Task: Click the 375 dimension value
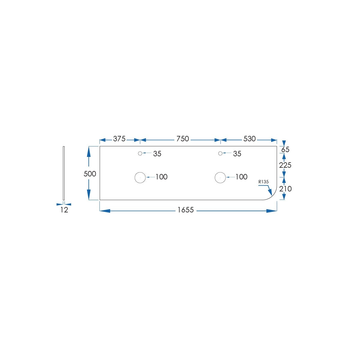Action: pyautogui.click(x=119, y=139)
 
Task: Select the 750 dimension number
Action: pyautogui.click(x=182, y=139)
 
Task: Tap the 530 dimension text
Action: pyautogui.click(x=249, y=139)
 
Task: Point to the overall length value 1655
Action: pyautogui.click(x=185, y=210)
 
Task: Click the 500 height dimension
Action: pyautogui.click(x=90, y=174)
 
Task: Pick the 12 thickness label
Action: pyautogui.click(x=64, y=210)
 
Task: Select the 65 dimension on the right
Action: pyautogui.click(x=285, y=149)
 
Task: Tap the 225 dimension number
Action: pyautogui.click(x=285, y=165)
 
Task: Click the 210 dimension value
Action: pyautogui.click(x=286, y=189)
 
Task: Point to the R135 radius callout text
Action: pyautogui.click(x=264, y=181)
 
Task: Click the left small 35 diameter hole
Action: pyautogui.click(x=140, y=153)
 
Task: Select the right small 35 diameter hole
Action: pyautogui.click(x=220, y=153)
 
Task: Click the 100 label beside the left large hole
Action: pyautogui.click(x=162, y=177)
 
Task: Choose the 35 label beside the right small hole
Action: pyautogui.click(x=237, y=154)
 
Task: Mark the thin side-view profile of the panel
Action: pyautogui.click(x=64, y=173)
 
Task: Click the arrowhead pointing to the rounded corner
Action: pyautogui.click(x=270, y=192)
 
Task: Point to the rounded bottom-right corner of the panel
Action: pyautogui.click(x=273, y=196)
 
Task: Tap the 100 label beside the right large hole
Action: pyautogui.click(x=241, y=177)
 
